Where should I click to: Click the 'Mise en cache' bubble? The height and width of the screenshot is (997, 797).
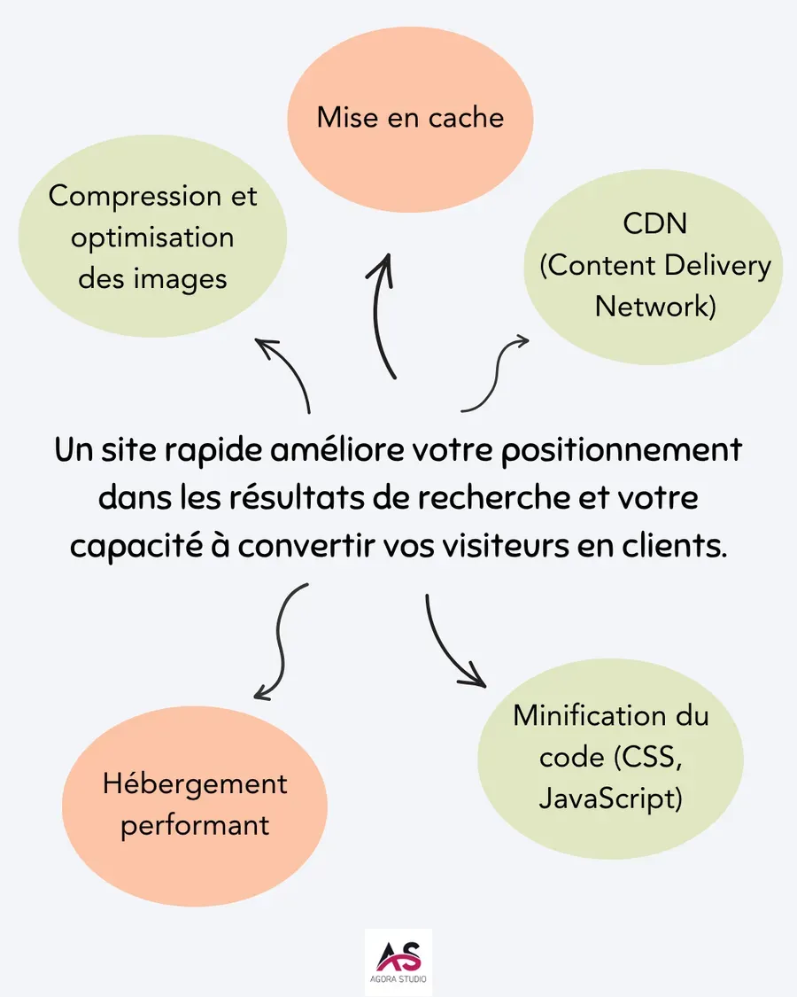tap(410, 118)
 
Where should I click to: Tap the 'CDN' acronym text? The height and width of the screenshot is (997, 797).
tap(654, 223)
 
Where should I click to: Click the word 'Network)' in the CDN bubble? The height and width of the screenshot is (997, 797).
tap(654, 307)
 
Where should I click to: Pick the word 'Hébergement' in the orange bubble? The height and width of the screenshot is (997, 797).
tap(195, 784)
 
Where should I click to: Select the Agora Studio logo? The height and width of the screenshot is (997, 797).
tap(398, 962)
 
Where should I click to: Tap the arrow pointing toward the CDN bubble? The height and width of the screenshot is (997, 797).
tap(496, 372)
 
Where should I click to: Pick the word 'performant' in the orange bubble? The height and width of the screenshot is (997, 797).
tap(195, 826)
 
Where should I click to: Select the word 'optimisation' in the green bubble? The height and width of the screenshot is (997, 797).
tap(152, 238)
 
